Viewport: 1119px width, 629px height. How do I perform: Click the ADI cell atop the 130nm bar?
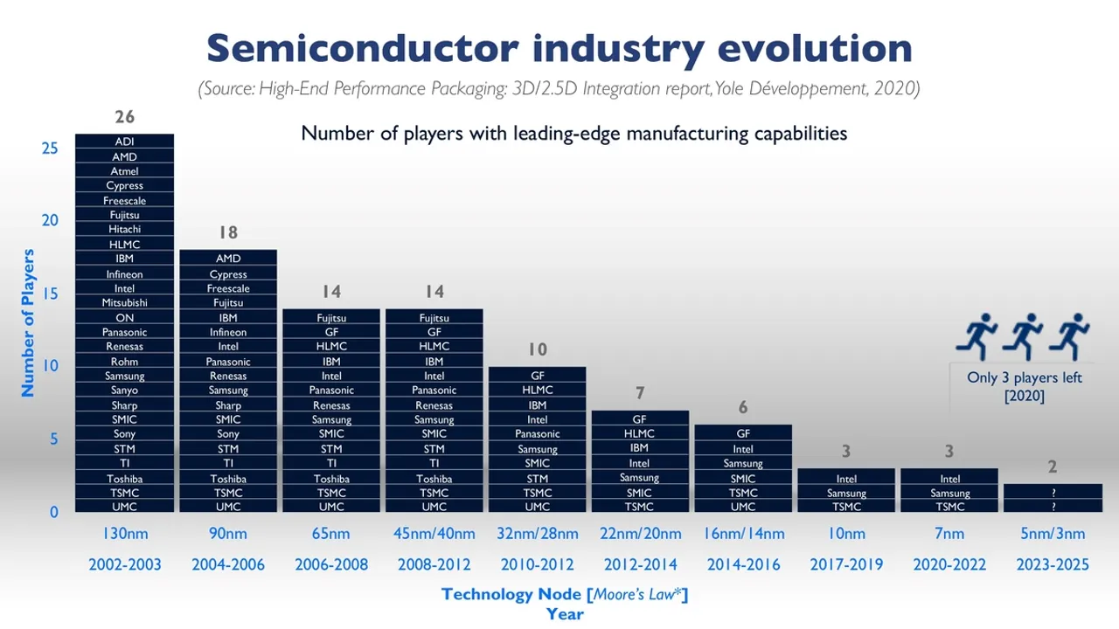[x=124, y=142]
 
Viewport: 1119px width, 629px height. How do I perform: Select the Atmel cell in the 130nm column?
[x=124, y=171]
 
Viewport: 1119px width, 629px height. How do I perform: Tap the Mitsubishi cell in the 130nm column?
[x=124, y=302]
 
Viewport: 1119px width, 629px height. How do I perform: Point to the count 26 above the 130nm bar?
[x=124, y=117]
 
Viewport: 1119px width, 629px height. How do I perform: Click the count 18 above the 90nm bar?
[x=227, y=232]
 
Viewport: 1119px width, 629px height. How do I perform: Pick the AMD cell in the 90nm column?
[x=227, y=259]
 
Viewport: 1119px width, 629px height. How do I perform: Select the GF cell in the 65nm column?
[x=331, y=332]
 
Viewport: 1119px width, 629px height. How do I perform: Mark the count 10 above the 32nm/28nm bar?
[x=537, y=349]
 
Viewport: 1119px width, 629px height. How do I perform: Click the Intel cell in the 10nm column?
[x=846, y=479]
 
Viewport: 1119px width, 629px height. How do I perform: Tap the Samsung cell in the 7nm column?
[x=949, y=493]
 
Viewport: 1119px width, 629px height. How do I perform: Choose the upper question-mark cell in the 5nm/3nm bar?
[x=1053, y=493]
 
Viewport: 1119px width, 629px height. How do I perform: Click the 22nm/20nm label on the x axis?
[x=640, y=534]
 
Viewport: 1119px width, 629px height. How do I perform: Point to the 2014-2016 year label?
[x=743, y=564]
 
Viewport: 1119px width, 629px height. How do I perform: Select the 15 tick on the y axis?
[x=50, y=293]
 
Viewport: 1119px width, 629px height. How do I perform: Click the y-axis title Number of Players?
[x=28, y=323]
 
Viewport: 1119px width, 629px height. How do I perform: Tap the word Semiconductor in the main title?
[x=363, y=48]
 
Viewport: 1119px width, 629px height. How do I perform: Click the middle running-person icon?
[x=1023, y=336]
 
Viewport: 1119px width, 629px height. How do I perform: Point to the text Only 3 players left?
[x=1024, y=377]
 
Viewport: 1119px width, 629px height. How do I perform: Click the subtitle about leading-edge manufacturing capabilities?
[x=573, y=134]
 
